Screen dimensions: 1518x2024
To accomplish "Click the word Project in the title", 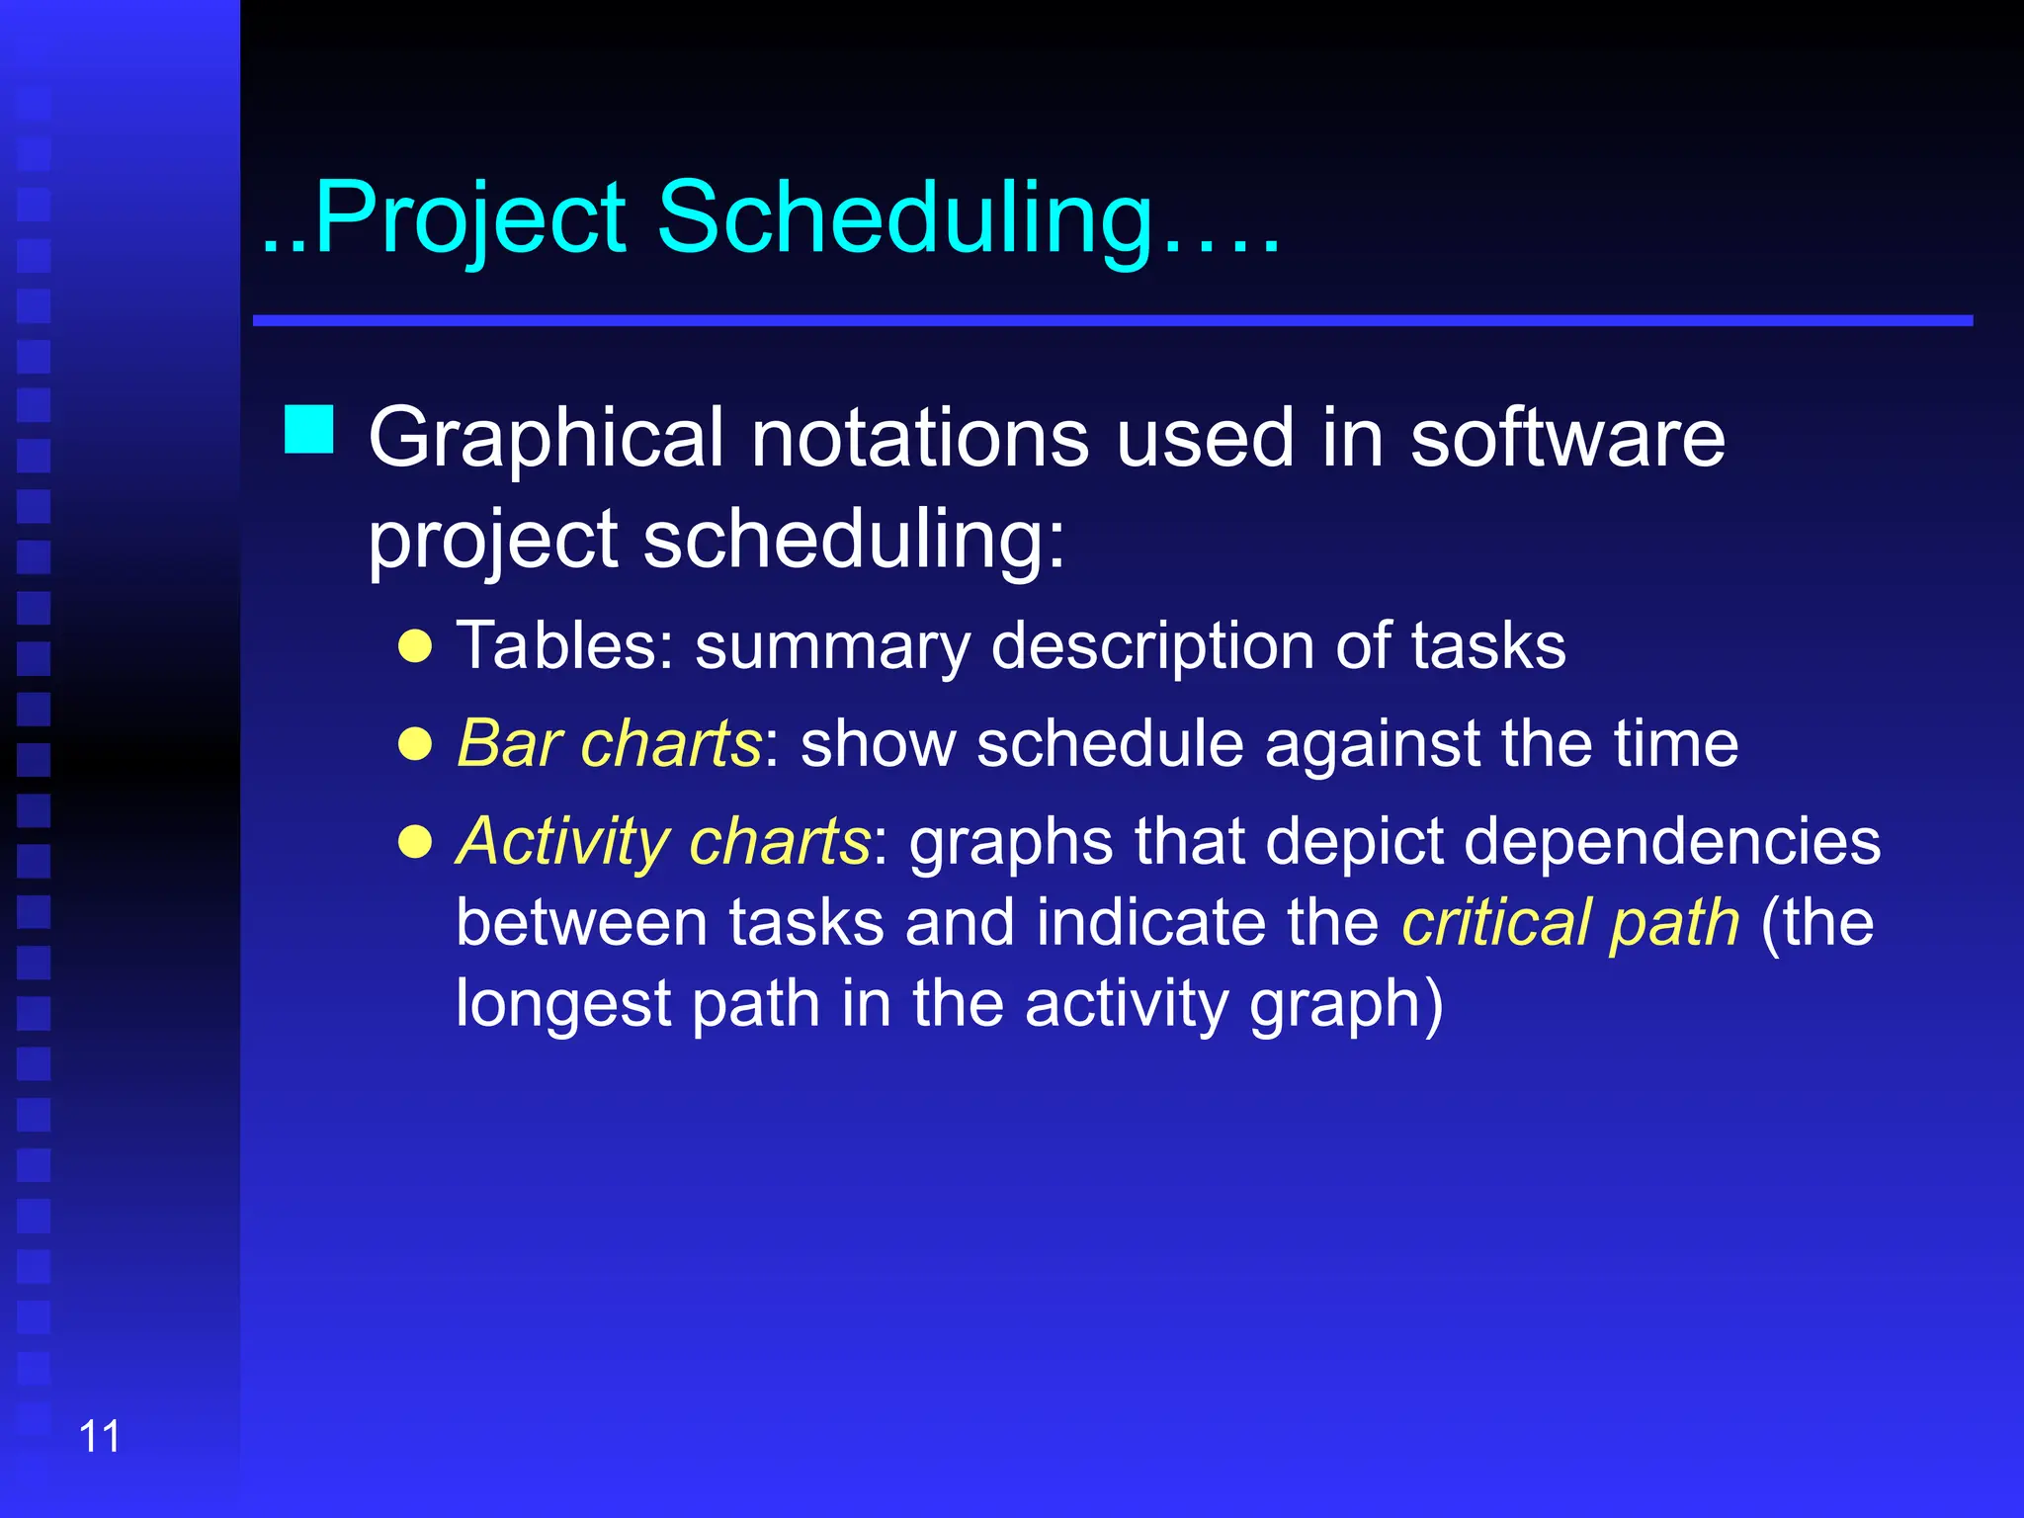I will point(469,219).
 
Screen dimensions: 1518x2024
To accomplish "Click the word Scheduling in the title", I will point(904,219).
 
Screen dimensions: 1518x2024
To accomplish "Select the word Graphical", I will point(546,439).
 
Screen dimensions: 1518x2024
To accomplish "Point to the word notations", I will point(920,439).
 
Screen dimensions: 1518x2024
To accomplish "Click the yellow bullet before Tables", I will point(415,646).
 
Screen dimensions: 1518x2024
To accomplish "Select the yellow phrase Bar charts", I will point(609,743).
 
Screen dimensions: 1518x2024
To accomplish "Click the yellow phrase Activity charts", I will point(663,842).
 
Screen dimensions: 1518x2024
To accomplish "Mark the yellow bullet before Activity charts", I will point(415,842).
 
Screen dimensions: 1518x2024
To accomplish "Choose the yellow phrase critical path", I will point(1570,923).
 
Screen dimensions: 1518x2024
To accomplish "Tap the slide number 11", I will point(99,1437).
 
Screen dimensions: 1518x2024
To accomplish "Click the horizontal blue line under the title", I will point(1112,320).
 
